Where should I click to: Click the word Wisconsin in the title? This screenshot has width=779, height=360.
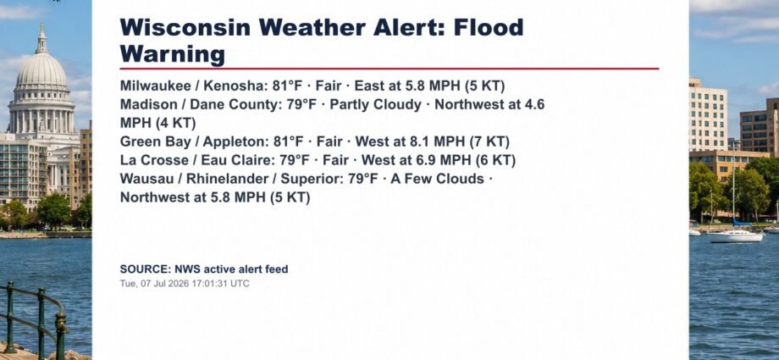(x=185, y=27)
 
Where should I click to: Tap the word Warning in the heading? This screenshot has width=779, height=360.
(x=173, y=54)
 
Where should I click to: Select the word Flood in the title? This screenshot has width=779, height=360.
(x=489, y=27)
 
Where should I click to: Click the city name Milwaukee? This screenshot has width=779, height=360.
(x=155, y=86)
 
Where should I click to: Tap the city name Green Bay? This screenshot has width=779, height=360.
(x=156, y=142)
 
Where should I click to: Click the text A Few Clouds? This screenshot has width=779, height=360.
(x=437, y=179)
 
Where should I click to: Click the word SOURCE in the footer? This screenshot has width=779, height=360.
(x=145, y=269)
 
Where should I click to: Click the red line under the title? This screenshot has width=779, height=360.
(x=389, y=69)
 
